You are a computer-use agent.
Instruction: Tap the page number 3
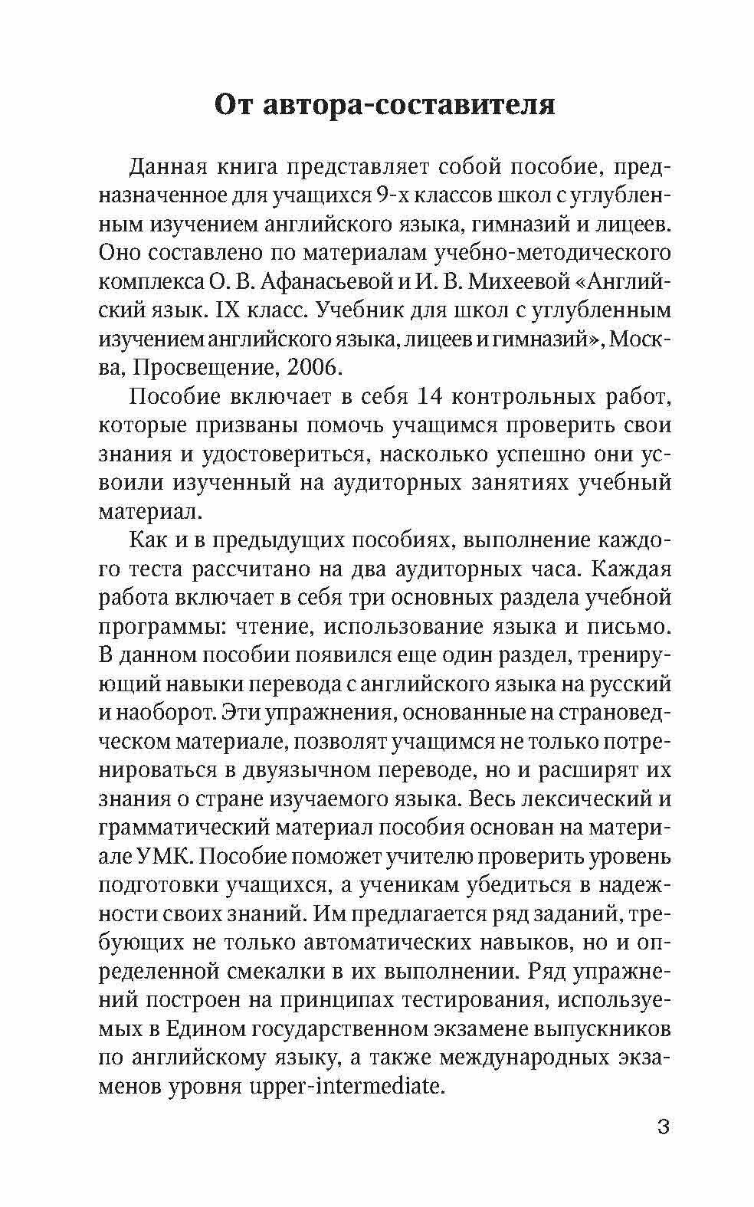[664, 1127]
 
